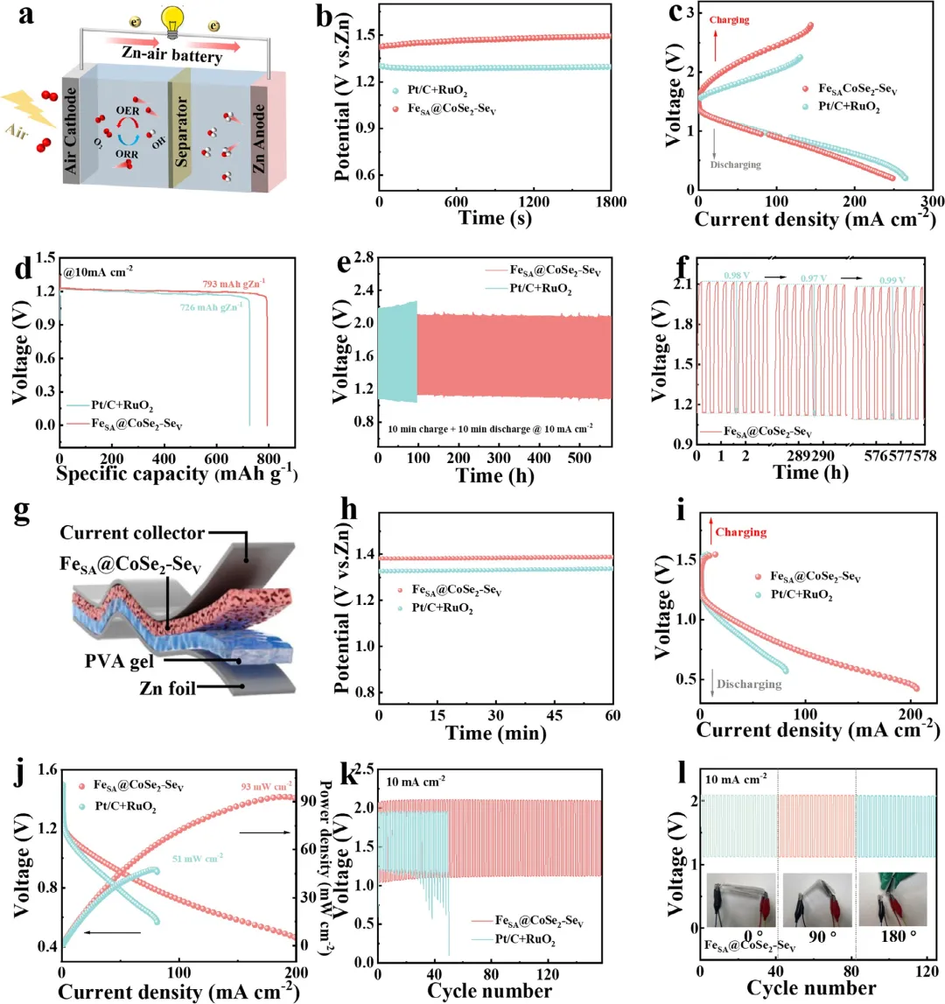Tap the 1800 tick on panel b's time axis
[x=611, y=202]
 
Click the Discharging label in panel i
[x=748, y=684]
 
